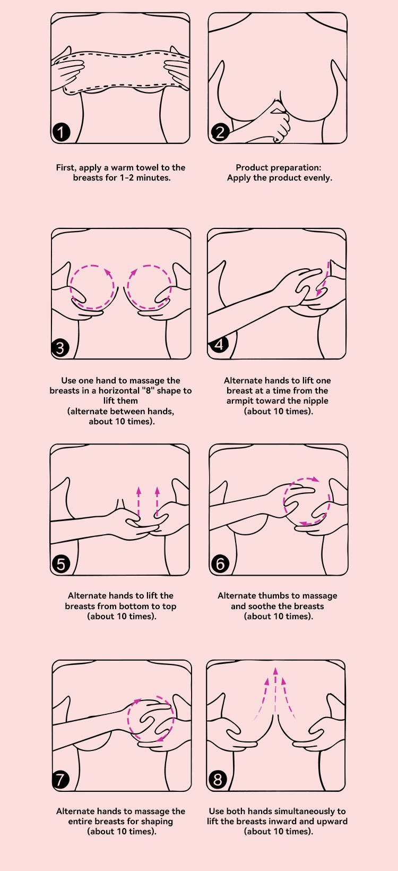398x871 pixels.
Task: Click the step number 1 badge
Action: point(60,132)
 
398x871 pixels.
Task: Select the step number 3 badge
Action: point(60,348)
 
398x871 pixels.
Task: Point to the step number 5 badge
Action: point(61,564)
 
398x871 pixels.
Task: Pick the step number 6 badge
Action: point(220,563)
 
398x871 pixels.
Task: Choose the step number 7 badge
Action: point(60,780)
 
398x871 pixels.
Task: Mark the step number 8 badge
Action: point(218,780)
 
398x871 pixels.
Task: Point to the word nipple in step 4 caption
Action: point(316,401)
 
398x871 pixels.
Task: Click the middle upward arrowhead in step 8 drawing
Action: point(275,671)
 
